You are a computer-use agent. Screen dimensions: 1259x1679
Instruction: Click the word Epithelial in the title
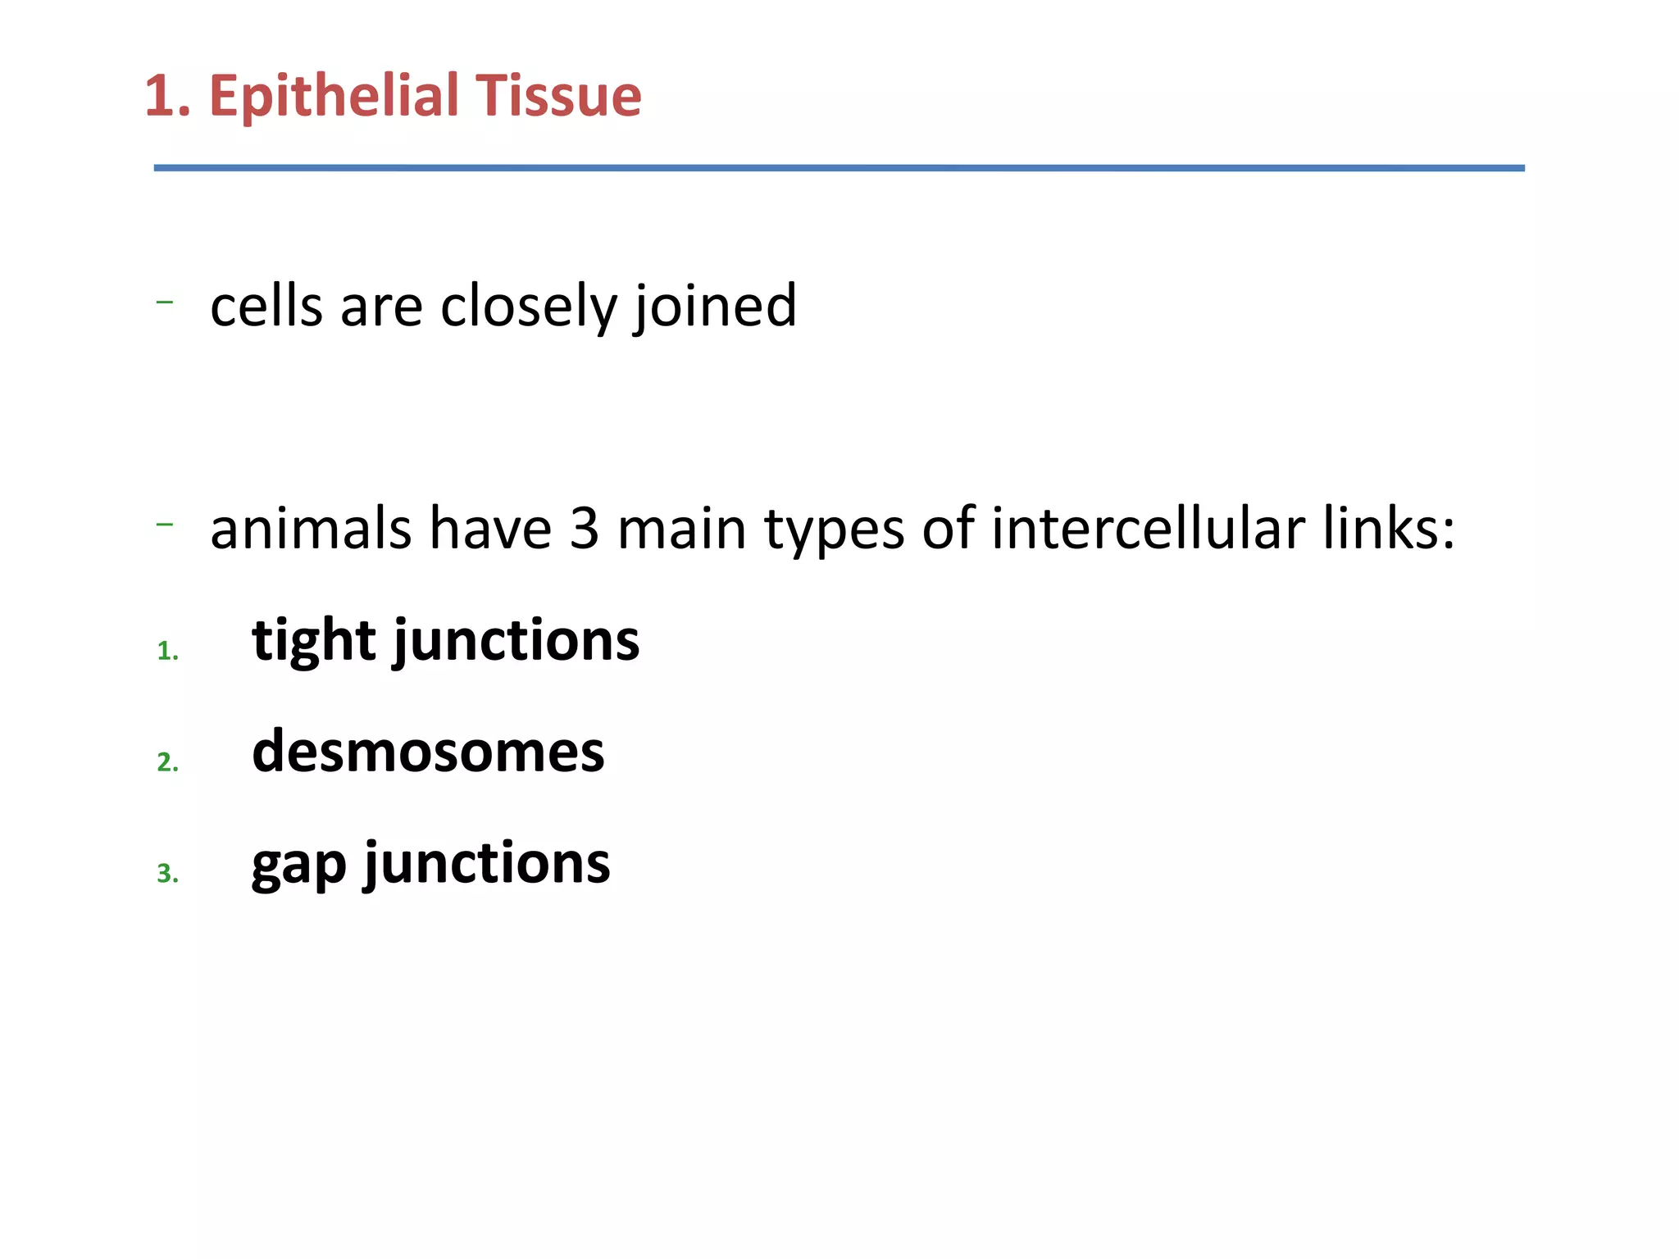tap(333, 97)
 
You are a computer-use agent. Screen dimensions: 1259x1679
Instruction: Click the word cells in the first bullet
tap(266, 306)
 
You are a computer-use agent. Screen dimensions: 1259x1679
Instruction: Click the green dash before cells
tap(164, 302)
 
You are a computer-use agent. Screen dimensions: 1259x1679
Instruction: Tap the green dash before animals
tap(164, 524)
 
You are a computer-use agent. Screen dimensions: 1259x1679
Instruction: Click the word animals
tap(310, 529)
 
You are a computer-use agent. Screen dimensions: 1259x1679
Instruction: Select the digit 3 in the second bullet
tap(584, 529)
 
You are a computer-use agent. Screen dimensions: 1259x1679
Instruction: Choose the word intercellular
tap(1148, 529)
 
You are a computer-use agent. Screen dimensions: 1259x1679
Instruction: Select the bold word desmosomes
tap(428, 752)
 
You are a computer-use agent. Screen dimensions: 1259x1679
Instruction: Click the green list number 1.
tap(167, 652)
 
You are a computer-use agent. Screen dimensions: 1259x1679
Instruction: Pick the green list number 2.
tap(167, 763)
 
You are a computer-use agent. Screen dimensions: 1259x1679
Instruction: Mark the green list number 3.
tap(167, 874)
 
